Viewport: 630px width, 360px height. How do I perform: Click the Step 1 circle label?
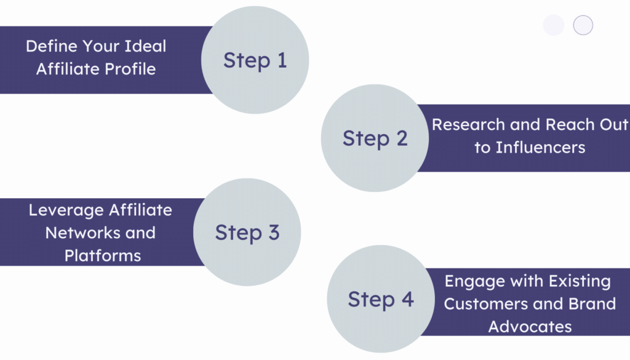tap(255, 60)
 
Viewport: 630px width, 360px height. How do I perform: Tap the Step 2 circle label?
tap(375, 138)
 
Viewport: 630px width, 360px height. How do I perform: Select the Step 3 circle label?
tap(247, 232)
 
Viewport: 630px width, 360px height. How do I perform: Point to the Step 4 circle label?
tap(380, 299)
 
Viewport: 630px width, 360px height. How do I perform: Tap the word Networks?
tap(83, 233)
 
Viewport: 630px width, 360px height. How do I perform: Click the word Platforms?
tap(103, 255)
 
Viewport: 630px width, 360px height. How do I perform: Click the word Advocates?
tap(530, 326)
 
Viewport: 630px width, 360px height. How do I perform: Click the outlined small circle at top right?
tap(583, 25)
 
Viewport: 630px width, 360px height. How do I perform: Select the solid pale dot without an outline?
tap(554, 25)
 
